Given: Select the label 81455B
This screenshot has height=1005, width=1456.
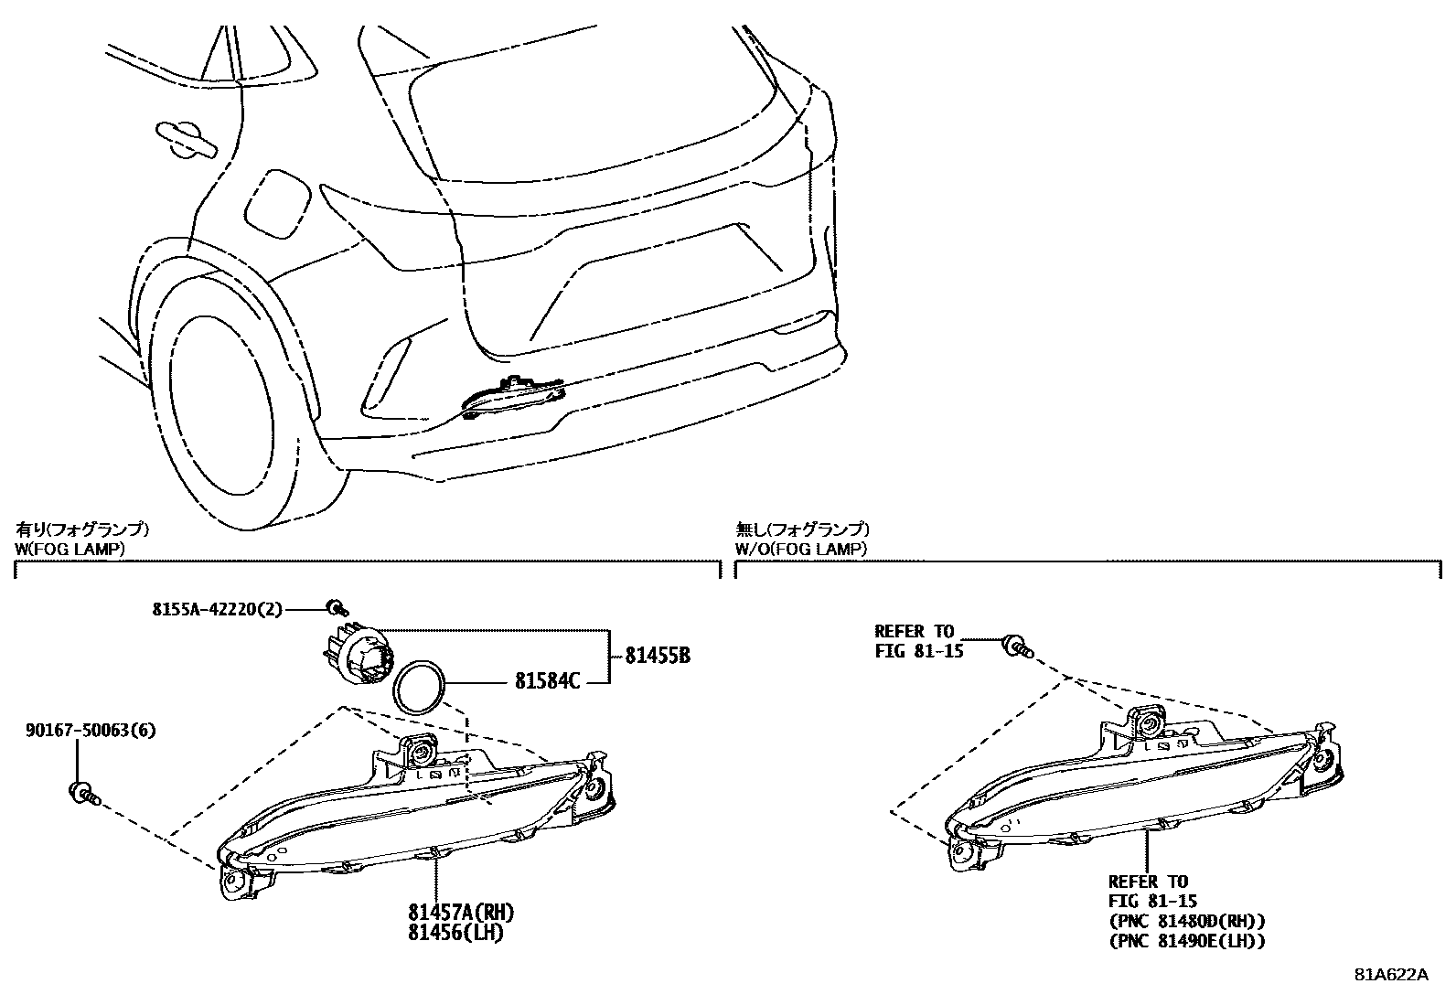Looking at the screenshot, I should [x=658, y=655].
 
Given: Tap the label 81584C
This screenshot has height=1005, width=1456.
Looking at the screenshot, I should [x=548, y=680].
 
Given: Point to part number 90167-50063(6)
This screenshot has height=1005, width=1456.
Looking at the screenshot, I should [x=91, y=731].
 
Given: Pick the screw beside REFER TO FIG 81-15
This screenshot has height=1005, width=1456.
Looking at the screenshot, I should [x=1016, y=647].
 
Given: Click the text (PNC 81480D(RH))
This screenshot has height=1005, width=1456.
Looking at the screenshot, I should [x=1186, y=921].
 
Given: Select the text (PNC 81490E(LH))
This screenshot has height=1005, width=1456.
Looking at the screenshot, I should [x=1186, y=941].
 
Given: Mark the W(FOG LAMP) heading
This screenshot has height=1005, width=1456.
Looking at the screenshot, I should [x=70, y=549].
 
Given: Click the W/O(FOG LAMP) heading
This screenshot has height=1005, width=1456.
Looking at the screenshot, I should [x=801, y=549].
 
